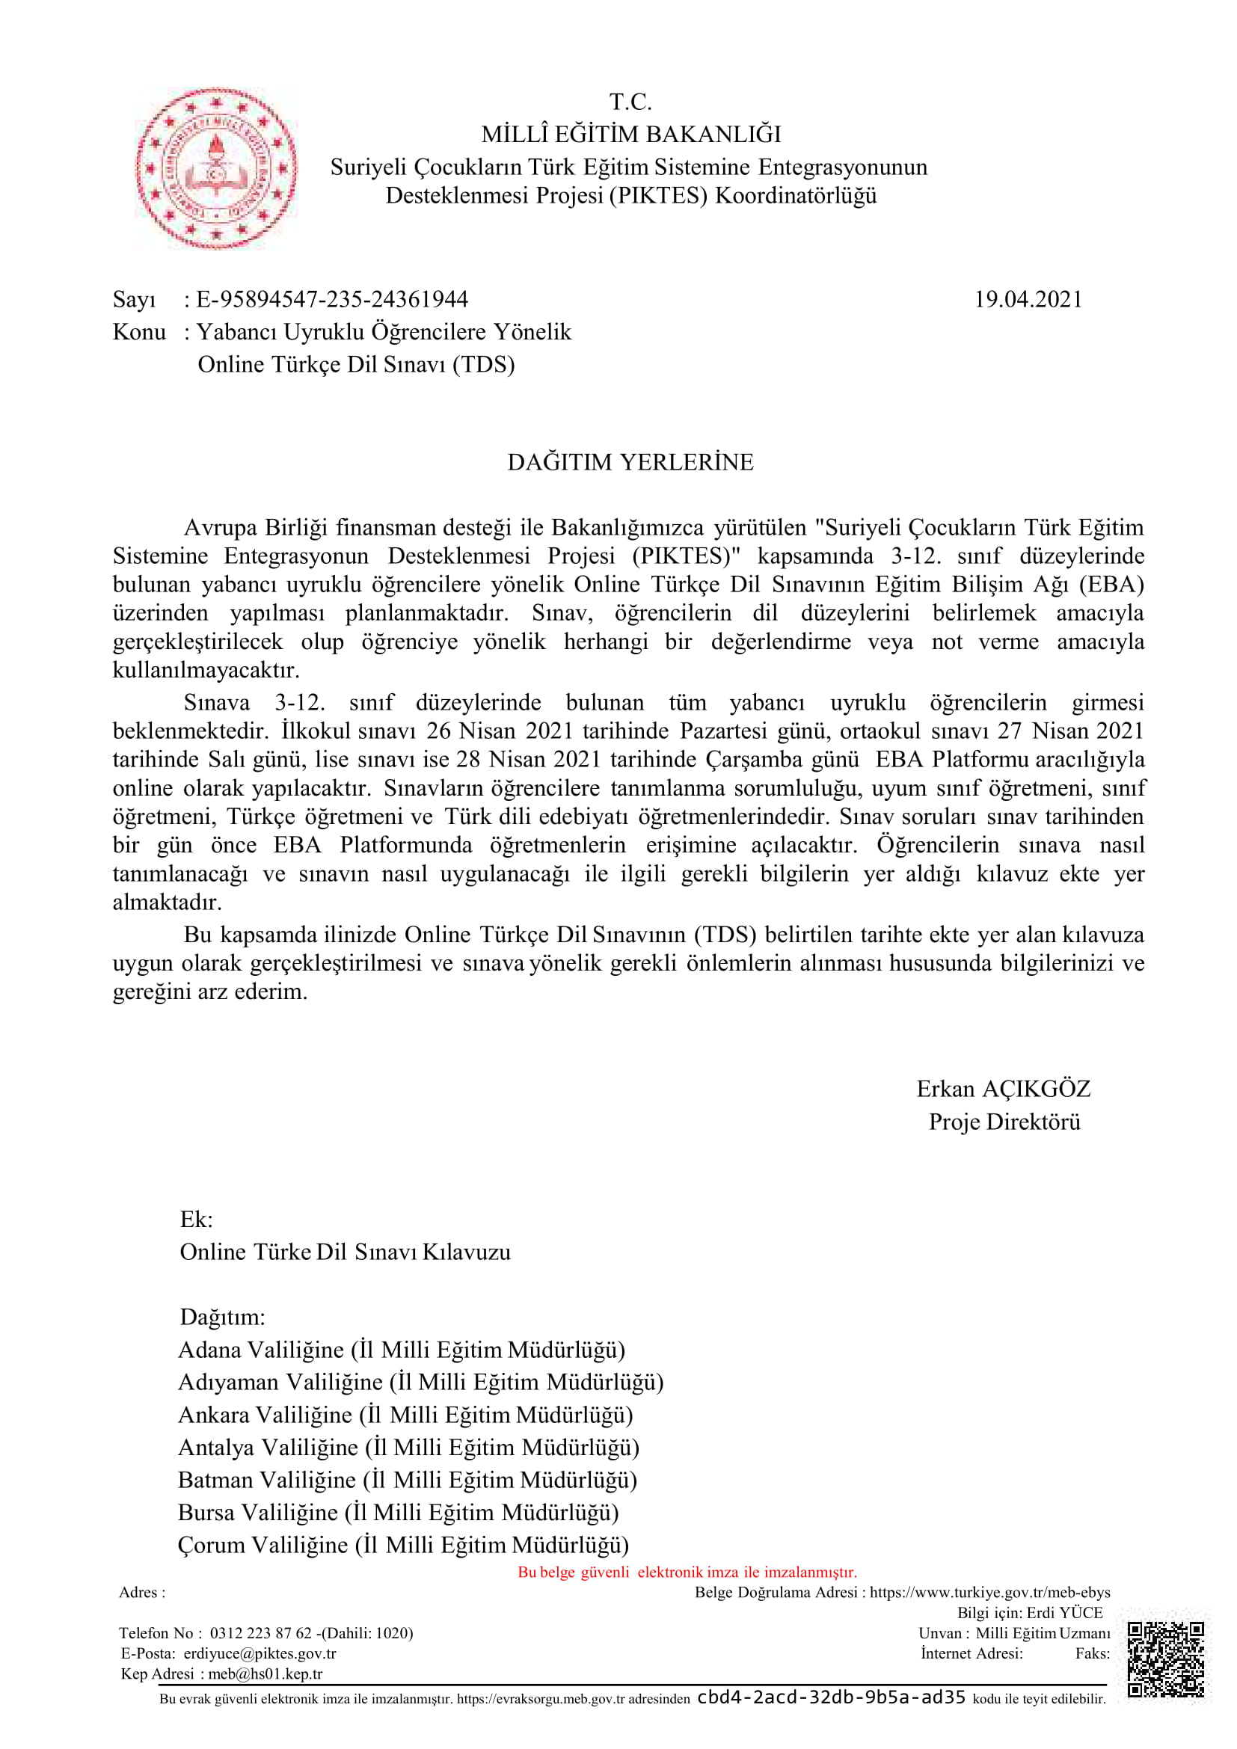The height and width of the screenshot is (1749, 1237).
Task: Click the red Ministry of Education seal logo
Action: (215, 168)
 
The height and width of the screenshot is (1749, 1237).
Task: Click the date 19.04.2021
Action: (1028, 299)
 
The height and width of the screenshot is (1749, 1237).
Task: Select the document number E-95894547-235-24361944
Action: (332, 299)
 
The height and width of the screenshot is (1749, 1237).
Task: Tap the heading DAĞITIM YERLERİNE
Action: (630, 462)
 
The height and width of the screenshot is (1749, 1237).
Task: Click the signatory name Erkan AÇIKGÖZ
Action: (1003, 1089)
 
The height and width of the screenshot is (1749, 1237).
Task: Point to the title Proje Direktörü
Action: (1004, 1122)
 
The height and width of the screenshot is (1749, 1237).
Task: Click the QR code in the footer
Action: (1165, 1660)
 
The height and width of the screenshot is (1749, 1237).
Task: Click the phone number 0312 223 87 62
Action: (260, 1632)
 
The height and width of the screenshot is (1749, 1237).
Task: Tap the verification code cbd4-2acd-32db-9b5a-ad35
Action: (831, 1697)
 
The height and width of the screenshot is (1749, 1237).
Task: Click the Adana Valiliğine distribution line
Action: (402, 1350)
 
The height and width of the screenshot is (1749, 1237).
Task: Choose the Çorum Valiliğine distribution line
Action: (403, 1545)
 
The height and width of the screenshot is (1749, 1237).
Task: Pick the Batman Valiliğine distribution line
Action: (408, 1480)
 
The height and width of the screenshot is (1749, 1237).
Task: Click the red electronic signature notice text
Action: (687, 1573)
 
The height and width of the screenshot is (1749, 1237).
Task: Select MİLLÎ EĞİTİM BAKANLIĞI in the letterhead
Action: (630, 135)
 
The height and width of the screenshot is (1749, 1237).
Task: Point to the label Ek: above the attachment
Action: (196, 1220)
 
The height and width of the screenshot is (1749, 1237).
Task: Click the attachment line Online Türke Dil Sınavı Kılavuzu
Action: (345, 1252)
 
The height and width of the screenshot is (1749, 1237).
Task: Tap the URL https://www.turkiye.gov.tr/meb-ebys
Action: (989, 1592)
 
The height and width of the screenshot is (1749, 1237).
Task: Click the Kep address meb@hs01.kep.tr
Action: (265, 1673)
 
